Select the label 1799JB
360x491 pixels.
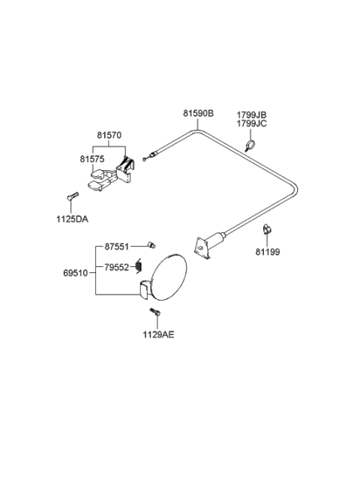coord(252,113)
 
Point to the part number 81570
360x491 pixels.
coord(109,135)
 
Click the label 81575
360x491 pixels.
coord(94,159)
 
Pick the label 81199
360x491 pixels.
coord(267,252)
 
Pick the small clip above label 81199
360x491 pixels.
coord(266,229)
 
